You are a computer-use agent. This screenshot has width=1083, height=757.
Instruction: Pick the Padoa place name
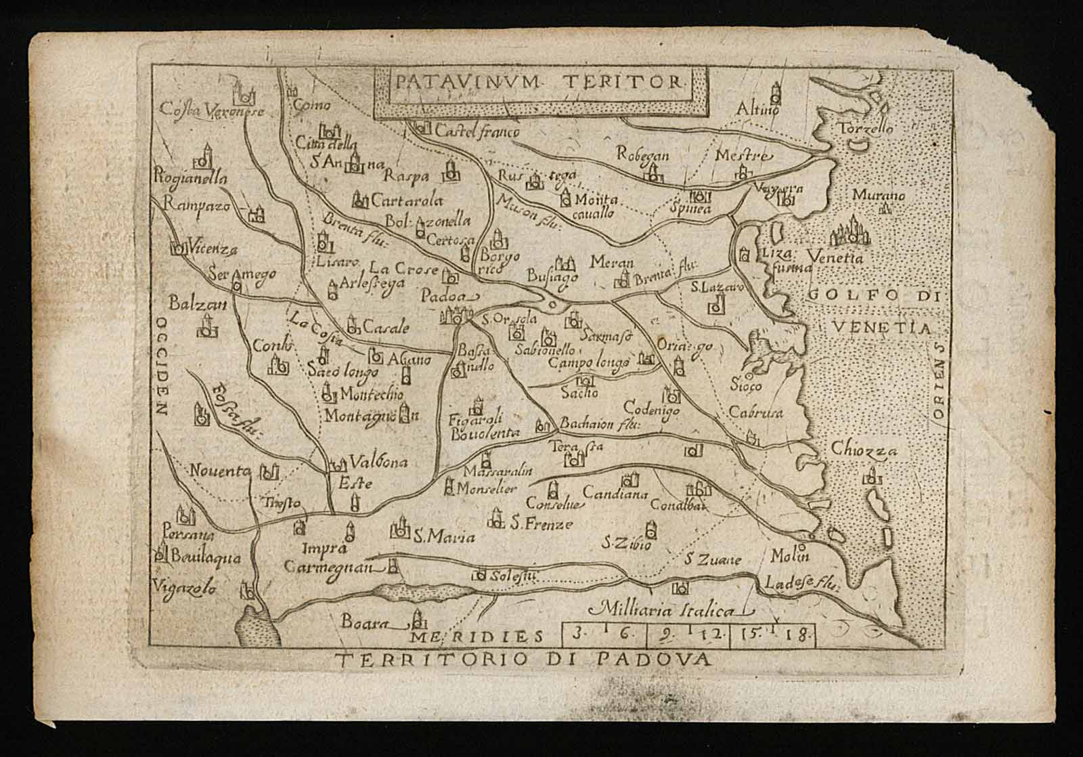(x=444, y=297)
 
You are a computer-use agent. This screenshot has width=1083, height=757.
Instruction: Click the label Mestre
(x=743, y=155)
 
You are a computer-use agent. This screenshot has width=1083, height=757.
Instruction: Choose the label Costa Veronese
(x=211, y=110)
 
